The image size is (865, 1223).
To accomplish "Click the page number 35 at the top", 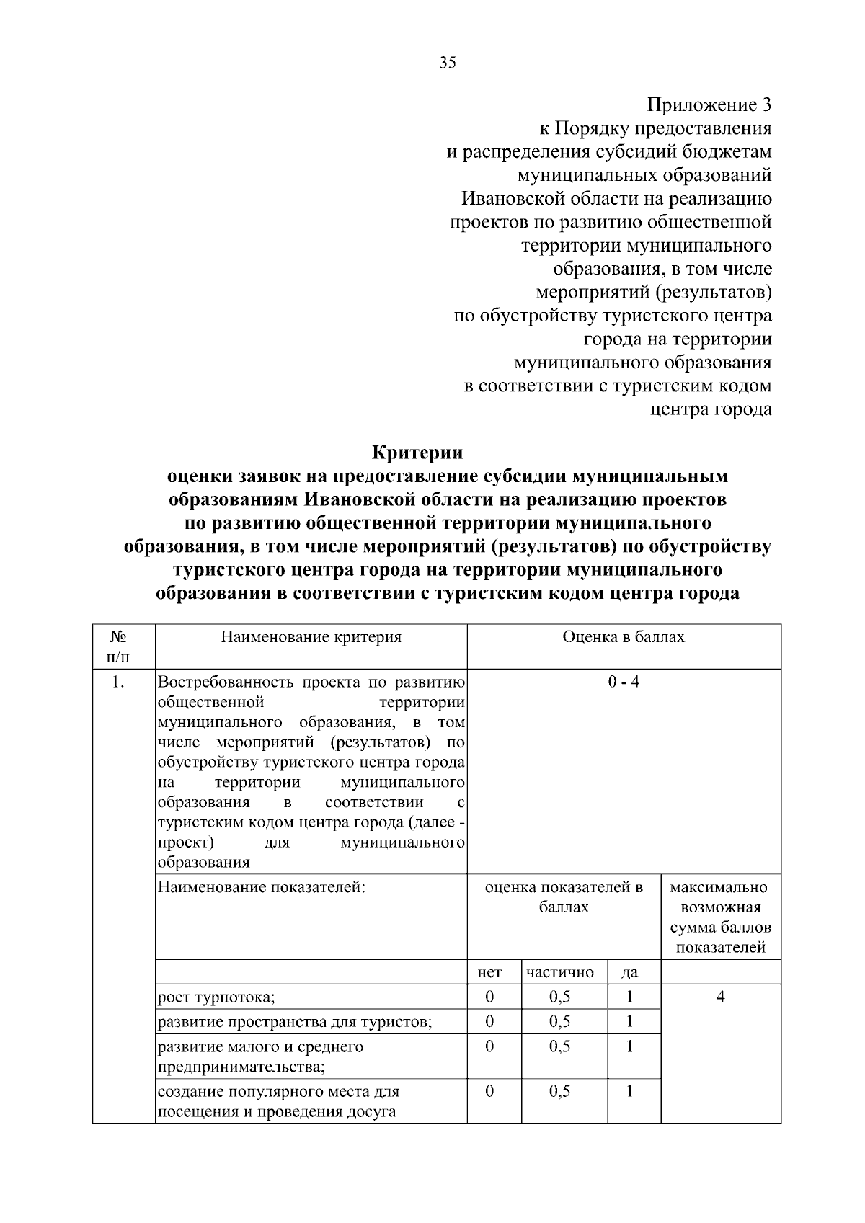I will [x=448, y=63].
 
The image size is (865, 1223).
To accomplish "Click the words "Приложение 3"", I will [x=709, y=105].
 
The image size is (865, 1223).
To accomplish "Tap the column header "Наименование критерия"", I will [x=311, y=637].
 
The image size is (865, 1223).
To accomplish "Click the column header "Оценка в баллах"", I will [x=624, y=637].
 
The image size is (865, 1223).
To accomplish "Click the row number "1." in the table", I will [x=118, y=682].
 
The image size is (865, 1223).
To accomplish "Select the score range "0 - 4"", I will [x=624, y=682].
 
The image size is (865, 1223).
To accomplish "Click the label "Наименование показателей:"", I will [x=262, y=887].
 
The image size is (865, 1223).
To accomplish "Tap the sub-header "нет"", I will [x=489, y=972].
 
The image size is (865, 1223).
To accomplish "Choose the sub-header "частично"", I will [x=560, y=972].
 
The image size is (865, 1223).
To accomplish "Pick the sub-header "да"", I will [x=629, y=972].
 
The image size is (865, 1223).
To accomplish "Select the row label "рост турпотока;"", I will [x=217, y=997].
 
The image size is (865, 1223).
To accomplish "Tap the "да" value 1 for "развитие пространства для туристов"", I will [x=629, y=1021].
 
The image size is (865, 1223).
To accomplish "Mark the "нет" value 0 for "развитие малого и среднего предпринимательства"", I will [x=489, y=1046].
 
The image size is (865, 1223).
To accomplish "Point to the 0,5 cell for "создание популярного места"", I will [x=560, y=1091].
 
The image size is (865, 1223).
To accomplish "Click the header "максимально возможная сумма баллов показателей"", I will [x=720, y=917].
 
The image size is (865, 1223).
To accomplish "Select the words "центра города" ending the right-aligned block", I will [x=711, y=409].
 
